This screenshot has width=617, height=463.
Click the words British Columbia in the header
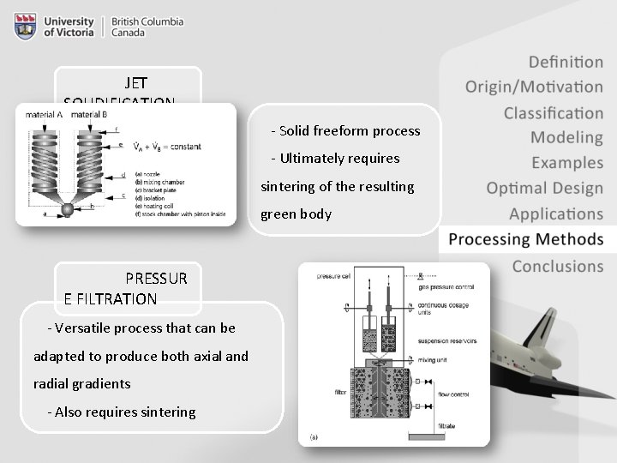pos(147,21)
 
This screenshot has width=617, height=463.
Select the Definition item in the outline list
pos(566,62)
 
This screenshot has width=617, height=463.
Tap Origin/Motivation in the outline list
pos(534,87)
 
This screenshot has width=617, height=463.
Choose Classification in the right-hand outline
pos(553,113)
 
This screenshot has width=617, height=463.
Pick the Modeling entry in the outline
pos(566,137)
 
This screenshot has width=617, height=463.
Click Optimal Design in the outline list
pos(544,189)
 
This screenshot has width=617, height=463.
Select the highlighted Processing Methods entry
pos(525,240)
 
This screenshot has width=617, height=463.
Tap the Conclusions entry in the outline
pos(557,267)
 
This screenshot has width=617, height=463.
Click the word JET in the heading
pos(136,83)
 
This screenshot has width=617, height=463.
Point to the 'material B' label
pos(89,114)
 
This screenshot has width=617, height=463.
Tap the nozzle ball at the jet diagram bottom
pos(68,211)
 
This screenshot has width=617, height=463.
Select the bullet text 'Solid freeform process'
pos(345,131)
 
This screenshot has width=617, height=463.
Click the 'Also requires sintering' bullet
pos(122,412)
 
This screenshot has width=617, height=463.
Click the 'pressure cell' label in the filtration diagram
pos(333,276)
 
